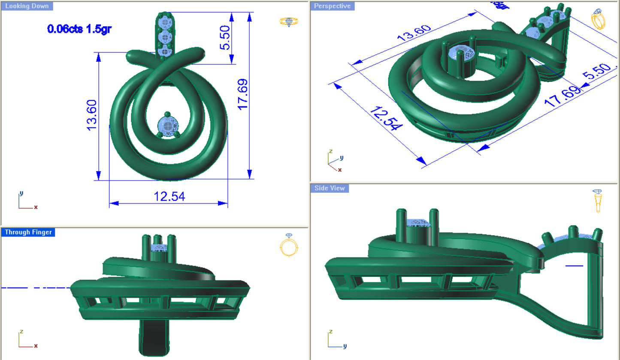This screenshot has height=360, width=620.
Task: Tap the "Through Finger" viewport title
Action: point(28,232)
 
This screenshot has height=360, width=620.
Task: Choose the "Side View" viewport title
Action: point(329,188)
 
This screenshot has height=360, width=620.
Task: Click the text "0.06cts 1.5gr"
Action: point(80,29)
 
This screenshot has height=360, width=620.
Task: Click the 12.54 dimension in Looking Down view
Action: point(169,197)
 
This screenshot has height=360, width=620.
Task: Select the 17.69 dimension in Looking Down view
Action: point(242,94)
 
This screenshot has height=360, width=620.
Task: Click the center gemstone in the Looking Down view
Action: point(168,126)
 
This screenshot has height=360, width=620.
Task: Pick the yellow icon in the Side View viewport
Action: point(597,200)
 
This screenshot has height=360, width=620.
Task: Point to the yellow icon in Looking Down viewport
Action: point(289,21)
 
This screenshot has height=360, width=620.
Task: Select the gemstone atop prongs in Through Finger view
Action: point(160,248)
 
